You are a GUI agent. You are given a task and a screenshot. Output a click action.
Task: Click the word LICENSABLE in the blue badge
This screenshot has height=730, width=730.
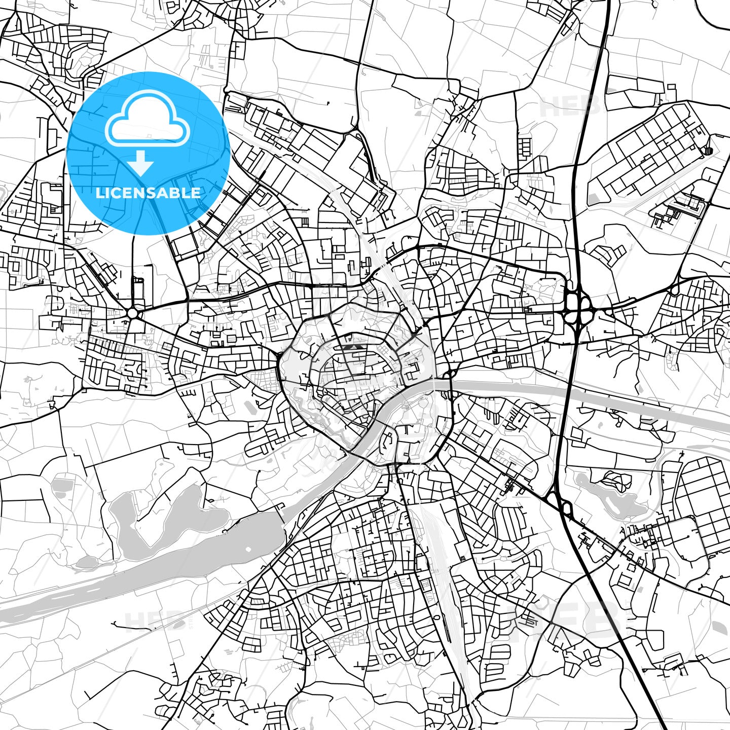pyautogui.click(x=148, y=193)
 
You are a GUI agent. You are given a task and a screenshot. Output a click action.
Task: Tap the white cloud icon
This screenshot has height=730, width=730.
pyautogui.click(x=148, y=122)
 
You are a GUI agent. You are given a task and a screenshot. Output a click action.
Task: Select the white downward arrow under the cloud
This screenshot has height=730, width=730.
pyautogui.click(x=141, y=163)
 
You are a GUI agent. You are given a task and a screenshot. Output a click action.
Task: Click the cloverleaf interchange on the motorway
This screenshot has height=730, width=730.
pyautogui.click(x=578, y=306)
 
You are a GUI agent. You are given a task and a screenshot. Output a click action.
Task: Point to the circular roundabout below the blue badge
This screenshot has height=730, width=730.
pyautogui.click(x=133, y=313)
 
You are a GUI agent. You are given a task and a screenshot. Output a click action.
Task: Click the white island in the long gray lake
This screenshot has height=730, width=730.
pyautogui.click(x=248, y=550)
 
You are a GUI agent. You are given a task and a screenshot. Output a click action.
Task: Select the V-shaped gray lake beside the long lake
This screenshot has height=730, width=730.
pyautogui.click(x=167, y=512)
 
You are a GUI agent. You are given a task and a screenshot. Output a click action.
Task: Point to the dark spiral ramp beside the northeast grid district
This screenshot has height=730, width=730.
pyautogui.click(x=708, y=150)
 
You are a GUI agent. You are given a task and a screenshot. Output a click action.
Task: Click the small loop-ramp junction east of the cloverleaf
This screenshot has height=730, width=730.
pyautogui.click(x=674, y=289)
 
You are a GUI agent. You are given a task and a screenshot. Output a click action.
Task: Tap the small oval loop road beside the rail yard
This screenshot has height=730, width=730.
pyautogui.click(x=437, y=618)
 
